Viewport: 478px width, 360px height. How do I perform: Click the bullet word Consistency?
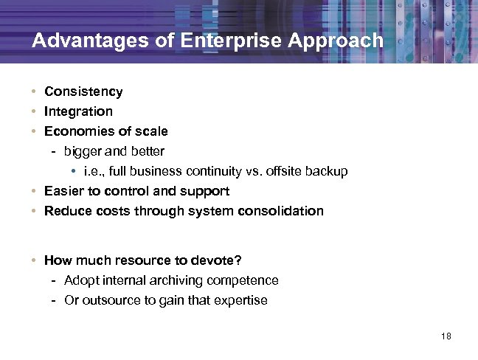click(83, 92)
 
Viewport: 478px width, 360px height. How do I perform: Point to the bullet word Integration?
click(78, 111)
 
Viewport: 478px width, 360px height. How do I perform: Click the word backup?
click(328, 171)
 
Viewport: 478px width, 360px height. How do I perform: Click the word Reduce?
click(66, 211)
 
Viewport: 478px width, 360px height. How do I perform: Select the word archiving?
click(179, 280)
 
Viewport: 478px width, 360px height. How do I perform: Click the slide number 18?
click(445, 337)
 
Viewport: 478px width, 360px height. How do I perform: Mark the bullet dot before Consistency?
click(35, 92)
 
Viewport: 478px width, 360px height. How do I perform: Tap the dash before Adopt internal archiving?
click(55, 280)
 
